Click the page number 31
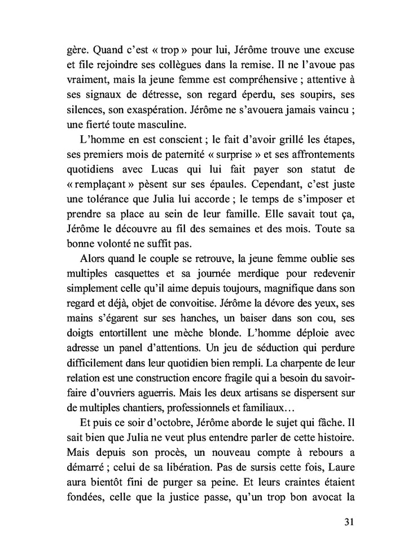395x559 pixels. (x=348, y=521)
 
